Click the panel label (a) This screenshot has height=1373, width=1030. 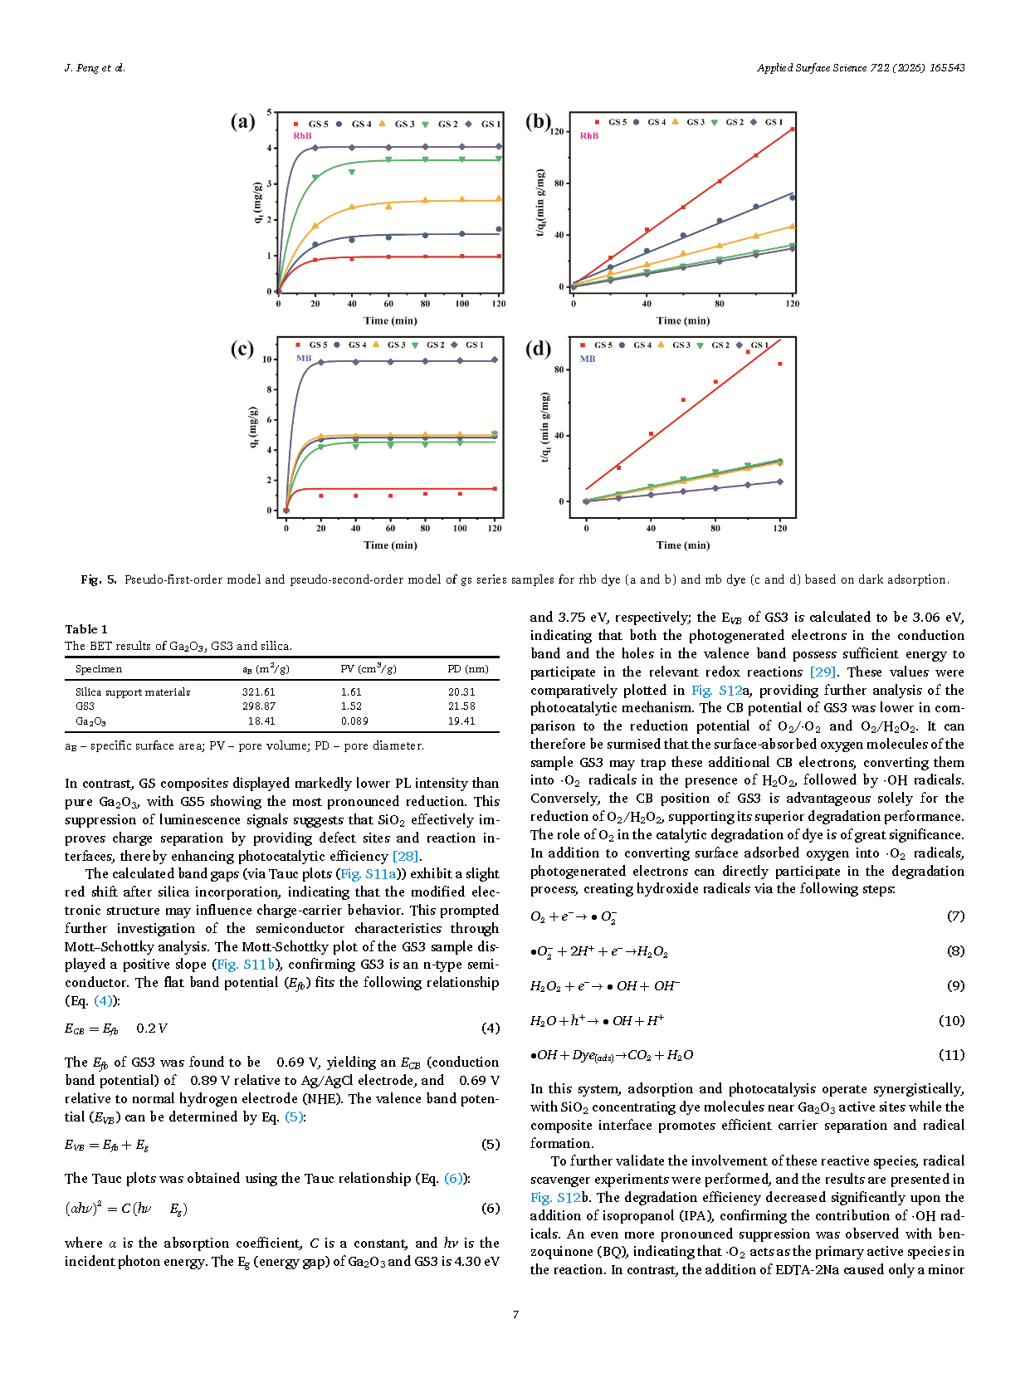[242, 122]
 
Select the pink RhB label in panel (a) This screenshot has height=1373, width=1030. [302, 135]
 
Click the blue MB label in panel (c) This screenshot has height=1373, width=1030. [304, 359]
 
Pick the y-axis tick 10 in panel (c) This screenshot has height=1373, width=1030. [266, 359]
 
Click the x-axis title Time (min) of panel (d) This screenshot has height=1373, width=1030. [682, 545]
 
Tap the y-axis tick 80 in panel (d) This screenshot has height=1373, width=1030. [559, 370]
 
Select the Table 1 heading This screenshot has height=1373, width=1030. [86, 629]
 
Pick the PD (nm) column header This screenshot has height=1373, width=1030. [467, 669]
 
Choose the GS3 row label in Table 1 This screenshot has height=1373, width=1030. [85, 706]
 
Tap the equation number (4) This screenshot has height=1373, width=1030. [491, 1029]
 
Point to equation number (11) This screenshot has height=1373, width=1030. [951, 1055]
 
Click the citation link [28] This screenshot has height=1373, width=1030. [405, 857]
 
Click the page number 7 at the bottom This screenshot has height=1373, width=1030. [515, 1314]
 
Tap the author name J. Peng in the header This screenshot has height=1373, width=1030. [81, 68]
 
